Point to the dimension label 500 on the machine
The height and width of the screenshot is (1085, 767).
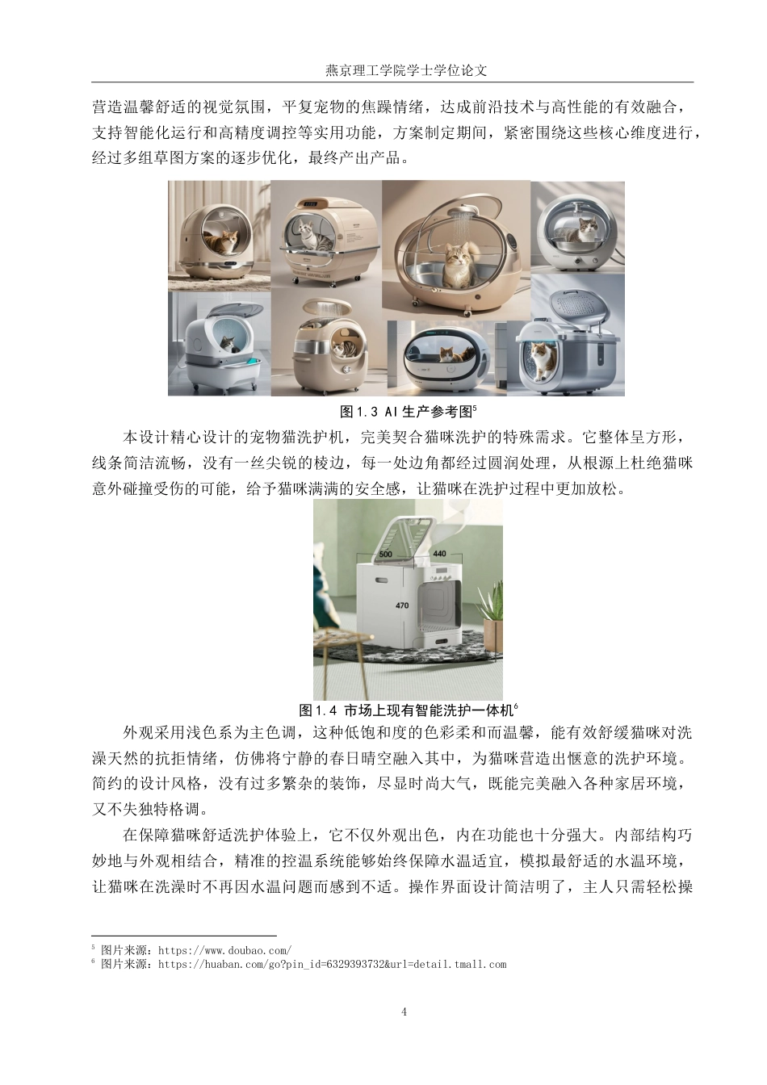pos(386,554)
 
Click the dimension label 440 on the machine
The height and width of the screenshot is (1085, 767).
pos(439,554)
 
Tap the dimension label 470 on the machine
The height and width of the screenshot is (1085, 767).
pos(402,605)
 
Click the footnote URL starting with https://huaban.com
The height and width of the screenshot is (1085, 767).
pos(332,964)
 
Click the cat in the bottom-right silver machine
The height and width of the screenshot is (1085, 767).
pos(541,359)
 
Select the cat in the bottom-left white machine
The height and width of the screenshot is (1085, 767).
pos(228,346)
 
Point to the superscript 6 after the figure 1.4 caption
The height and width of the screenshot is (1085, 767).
pos(515,706)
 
